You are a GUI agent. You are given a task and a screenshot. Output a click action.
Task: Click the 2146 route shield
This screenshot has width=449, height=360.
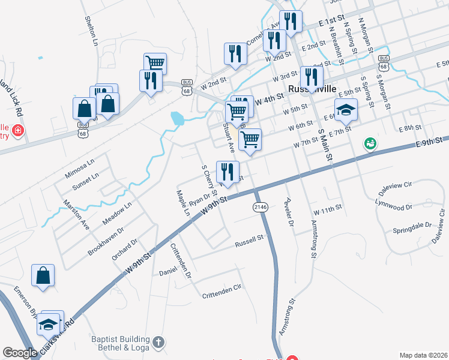tap(259, 206)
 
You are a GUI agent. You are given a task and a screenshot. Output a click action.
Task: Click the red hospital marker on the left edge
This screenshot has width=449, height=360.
tap(18, 130)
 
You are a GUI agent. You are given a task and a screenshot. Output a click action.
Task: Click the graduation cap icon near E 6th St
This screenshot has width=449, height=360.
tap(346, 110)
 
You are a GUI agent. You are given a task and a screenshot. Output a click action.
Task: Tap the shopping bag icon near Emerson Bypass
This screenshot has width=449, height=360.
tap(43, 276)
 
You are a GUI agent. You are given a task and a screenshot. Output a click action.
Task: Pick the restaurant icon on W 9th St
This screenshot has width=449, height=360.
tap(227, 173)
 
